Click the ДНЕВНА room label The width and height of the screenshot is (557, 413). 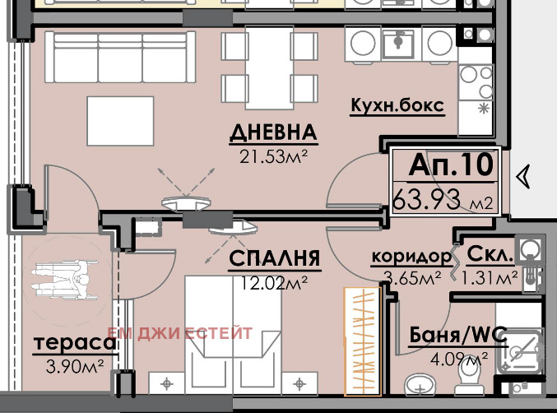point(273,132)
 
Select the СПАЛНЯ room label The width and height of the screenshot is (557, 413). point(274,259)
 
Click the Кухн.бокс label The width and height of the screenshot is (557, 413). point(397,106)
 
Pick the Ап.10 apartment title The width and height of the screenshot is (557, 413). point(451,165)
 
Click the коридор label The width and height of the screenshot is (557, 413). point(411,256)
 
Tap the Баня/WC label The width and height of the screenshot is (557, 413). point(458,336)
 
